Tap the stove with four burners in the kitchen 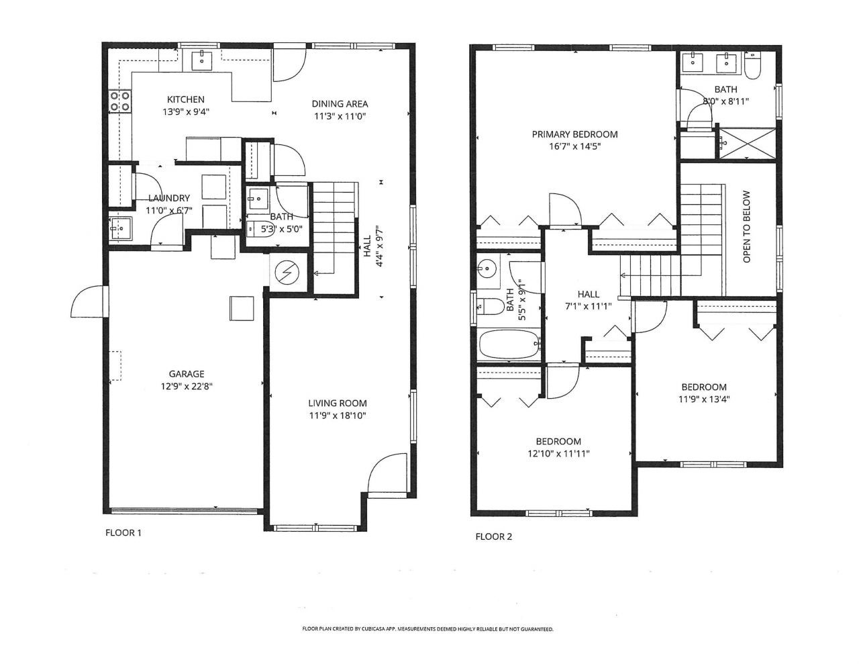(120, 101)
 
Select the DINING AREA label (340, 103)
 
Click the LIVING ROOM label (337, 403)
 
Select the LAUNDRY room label (169, 198)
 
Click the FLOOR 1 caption (123, 533)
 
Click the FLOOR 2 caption (493, 536)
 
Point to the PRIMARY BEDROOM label (574, 134)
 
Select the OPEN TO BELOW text (746, 226)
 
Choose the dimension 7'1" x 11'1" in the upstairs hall (588, 307)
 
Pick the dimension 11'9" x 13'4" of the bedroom (703, 399)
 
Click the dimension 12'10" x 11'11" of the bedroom (558, 453)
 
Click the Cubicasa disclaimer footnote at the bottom (427, 629)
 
